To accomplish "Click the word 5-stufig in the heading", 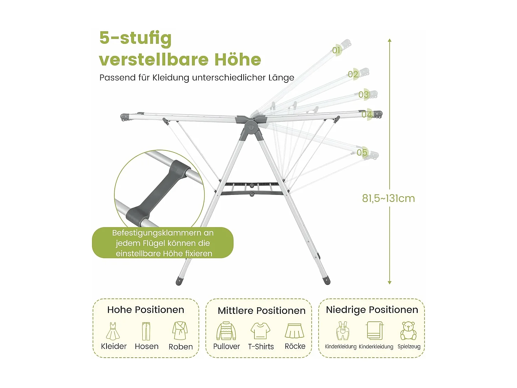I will (x=135, y=38).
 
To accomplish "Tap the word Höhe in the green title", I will (x=238, y=59).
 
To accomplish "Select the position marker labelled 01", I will (x=336, y=50).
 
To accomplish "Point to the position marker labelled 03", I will (x=364, y=94).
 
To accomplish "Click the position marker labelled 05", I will (x=362, y=152).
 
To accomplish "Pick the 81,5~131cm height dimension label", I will (x=388, y=198).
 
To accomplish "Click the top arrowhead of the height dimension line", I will (x=389, y=41).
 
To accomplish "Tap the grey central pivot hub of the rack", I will (x=251, y=127).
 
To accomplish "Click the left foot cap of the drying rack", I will (x=179, y=281).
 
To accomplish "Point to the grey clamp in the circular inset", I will (x=158, y=192).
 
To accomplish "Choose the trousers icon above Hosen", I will (x=146, y=331).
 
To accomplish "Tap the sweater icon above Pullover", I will (x=226, y=331).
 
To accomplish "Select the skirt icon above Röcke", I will (x=295, y=331).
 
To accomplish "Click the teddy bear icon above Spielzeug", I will (x=408, y=331).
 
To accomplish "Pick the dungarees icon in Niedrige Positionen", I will (x=342, y=331).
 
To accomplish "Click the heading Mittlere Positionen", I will (x=262, y=311).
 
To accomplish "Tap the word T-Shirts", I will (x=261, y=347).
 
